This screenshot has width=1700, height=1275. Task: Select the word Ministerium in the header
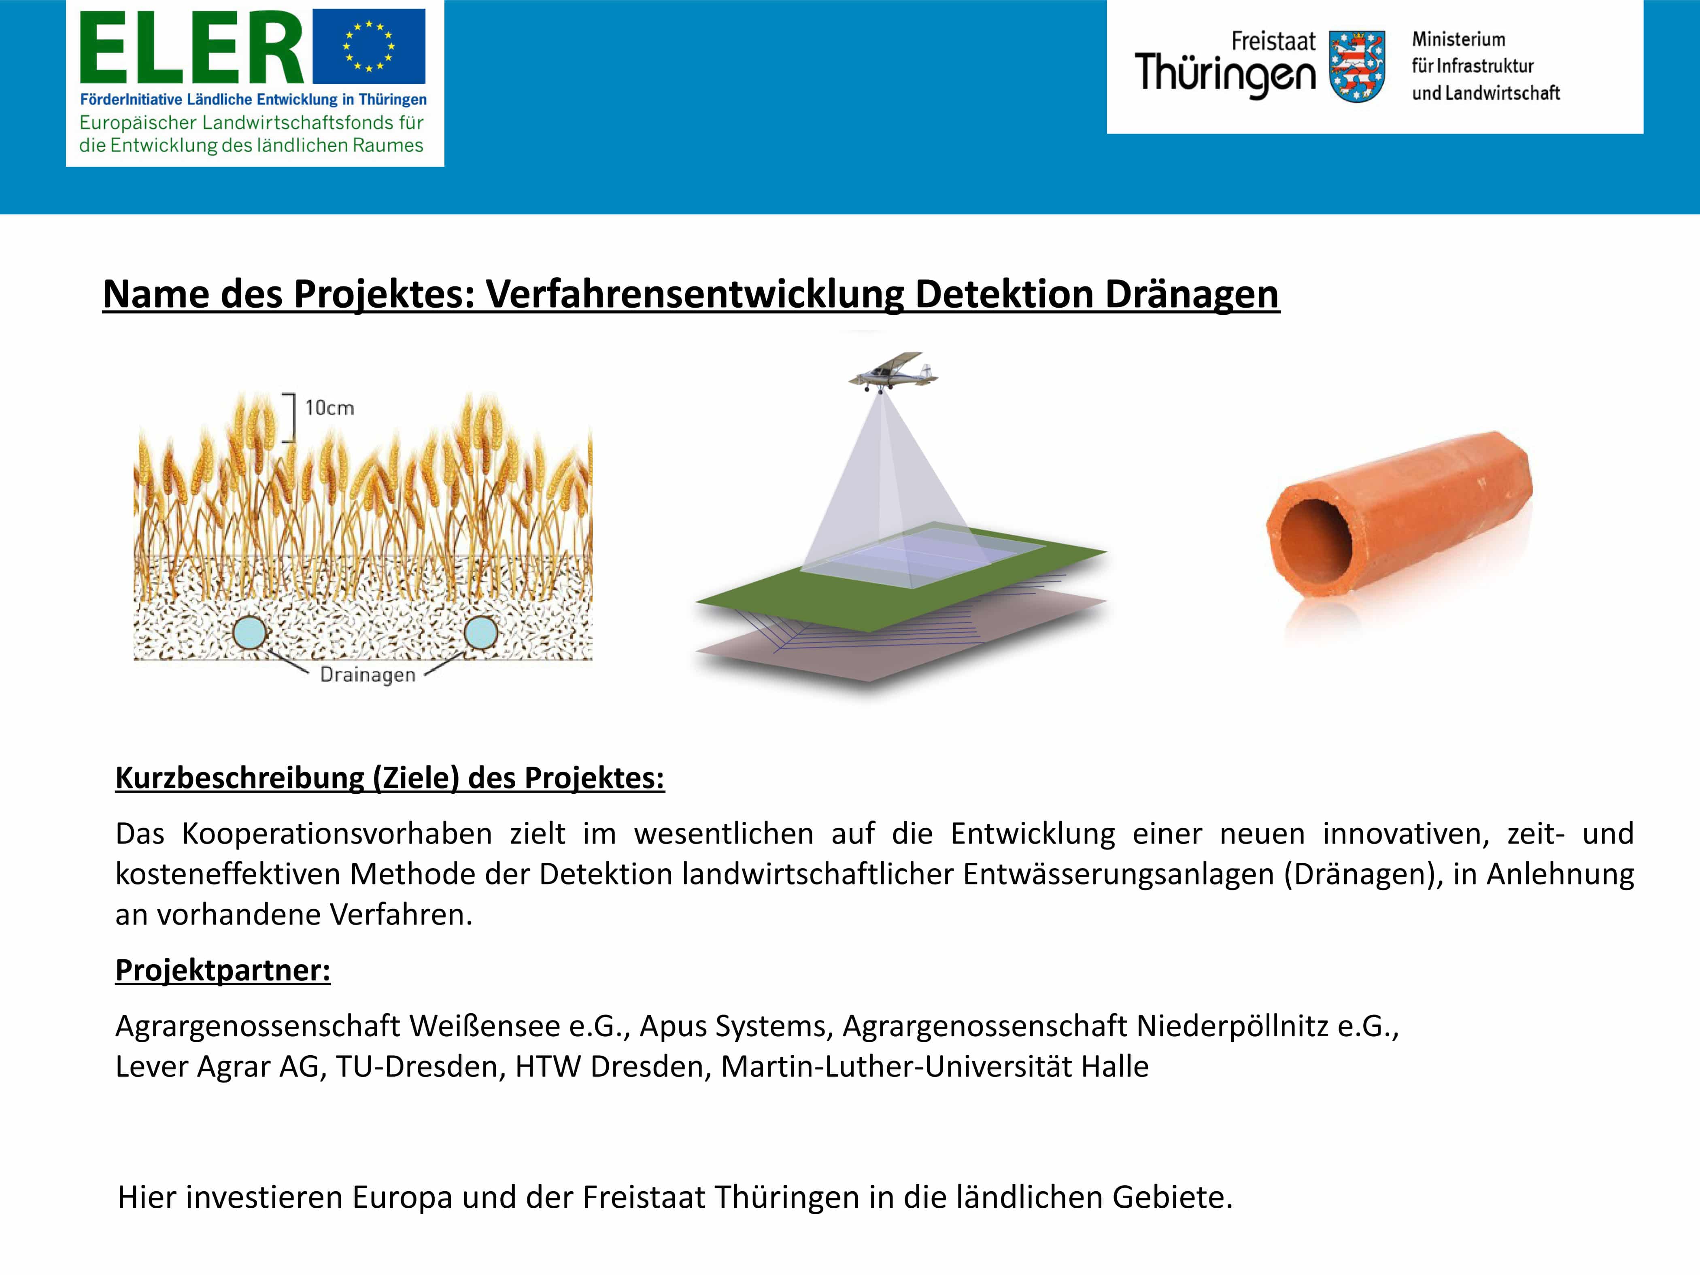(1458, 39)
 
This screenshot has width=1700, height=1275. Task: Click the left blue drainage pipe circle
(250, 633)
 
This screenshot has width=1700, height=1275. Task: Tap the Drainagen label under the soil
(368, 675)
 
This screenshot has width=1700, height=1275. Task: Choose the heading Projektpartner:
(223, 970)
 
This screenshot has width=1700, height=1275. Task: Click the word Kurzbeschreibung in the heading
(240, 778)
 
